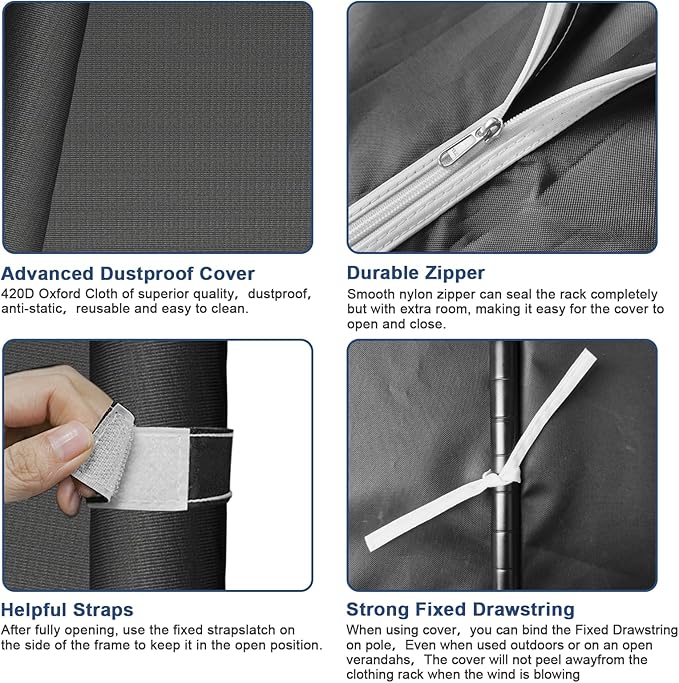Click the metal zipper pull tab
(x=457, y=151)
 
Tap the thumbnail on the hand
(x=69, y=441)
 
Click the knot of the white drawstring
(x=501, y=476)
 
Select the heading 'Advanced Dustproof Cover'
(x=128, y=274)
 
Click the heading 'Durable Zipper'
(x=416, y=273)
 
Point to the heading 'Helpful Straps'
(x=67, y=610)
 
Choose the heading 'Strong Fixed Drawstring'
(x=460, y=609)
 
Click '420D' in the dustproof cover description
(x=18, y=294)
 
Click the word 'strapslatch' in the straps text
(x=241, y=630)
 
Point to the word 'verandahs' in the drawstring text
(x=378, y=660)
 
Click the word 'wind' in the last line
(x=514, y=675)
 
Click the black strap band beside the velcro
(x=210, y=464)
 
